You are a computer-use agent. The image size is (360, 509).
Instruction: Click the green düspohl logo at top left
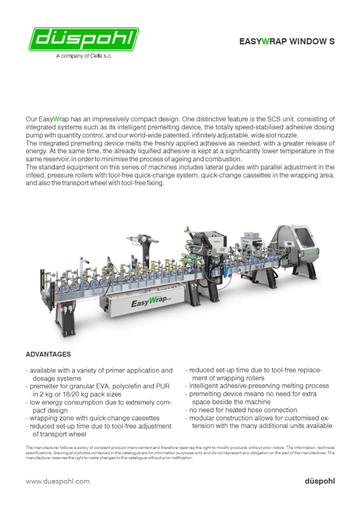coord(84,39)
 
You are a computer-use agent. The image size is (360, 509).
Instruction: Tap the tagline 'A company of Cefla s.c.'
coord(84,56)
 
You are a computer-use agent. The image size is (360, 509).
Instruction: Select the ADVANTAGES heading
coord(48,354)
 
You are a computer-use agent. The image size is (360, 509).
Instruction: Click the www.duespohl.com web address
coord(58,481)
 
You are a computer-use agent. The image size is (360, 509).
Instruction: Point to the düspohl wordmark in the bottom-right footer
coord(320,481)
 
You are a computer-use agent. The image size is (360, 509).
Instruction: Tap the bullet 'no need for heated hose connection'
coord(243,410)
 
